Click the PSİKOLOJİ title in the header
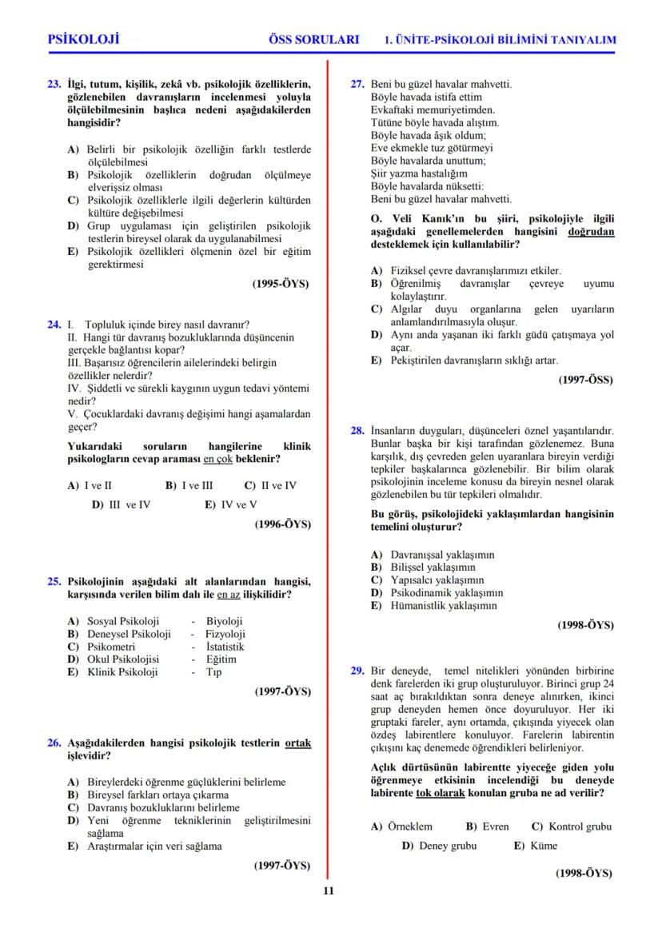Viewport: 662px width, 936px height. point(84,39)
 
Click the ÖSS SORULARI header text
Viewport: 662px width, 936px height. point(315,39)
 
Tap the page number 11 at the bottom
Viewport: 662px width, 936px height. point(329,891)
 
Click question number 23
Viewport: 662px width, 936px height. point(55,84)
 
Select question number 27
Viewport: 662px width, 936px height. point(358,84)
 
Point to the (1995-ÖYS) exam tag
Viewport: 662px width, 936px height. point(281,283)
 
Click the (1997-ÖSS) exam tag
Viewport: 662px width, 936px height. point(585,380)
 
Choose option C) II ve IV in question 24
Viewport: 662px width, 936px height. point(270,485)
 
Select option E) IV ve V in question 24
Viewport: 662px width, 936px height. point(230,504)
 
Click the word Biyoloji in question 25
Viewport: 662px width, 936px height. point(224,621)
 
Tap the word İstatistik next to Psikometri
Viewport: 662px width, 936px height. point(225,647)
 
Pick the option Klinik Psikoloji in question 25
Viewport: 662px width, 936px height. point(122,672)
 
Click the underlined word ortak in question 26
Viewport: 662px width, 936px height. point(297,743)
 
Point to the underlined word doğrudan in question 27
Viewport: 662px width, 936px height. point(591,231)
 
